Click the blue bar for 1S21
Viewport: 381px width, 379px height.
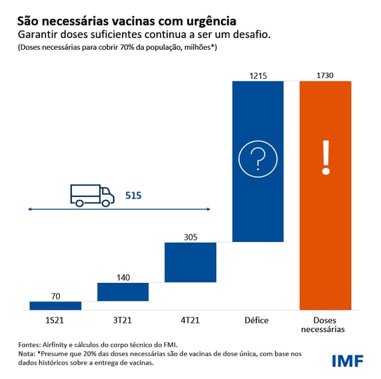click(55, 306)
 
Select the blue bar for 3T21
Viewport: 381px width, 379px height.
click(123, 292)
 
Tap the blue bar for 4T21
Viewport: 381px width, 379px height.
click(190, 262)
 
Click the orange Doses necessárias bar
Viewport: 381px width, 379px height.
click(326, 195)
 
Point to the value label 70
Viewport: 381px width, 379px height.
click(55, 296)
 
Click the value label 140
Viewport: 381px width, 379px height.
click(123, 277)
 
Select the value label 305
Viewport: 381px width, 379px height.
click(190, 237)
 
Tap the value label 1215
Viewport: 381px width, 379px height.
click(258, 75)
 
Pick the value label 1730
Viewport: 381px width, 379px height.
click(326, 75)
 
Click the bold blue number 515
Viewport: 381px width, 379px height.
click(133, 196)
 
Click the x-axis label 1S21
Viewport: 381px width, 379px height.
click(55, 320)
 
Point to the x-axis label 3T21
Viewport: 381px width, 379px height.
click(123, 320)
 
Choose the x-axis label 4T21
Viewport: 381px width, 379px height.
click(190, 320)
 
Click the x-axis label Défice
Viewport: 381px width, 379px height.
click(258, 320)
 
